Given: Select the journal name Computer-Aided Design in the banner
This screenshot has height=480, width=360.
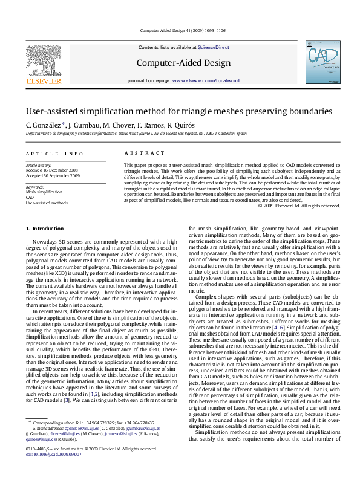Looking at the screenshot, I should coord(183,63).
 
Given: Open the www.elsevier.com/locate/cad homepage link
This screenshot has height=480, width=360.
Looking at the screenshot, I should coord(206,80).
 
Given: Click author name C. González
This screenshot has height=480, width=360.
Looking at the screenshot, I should coord(44,125).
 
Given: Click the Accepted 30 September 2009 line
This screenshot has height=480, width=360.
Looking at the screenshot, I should coord(53,175).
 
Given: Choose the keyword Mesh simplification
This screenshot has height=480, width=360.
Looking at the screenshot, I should coord(44,192).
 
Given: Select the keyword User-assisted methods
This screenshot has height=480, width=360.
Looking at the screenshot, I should coord(47,203).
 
